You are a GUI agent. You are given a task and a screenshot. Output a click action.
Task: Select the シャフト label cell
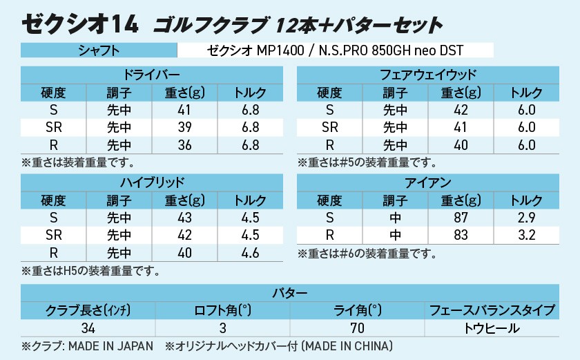[x=99, y=50]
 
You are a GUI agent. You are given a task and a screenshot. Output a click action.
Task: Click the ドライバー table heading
[x=152, y=75]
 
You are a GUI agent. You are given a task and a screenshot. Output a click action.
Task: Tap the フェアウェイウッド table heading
[x=428, y=75]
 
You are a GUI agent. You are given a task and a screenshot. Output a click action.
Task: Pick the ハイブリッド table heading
[x=152, y=183]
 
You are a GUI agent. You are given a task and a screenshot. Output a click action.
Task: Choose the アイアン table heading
[x=428, y=183]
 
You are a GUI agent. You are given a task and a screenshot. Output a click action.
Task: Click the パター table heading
[x=290, y=292]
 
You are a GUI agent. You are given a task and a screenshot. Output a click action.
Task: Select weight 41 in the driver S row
[x=185, y=111]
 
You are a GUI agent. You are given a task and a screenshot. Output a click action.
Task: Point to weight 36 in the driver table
[x=185, y=146]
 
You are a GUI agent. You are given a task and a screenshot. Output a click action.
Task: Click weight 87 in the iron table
[x=461, y=218]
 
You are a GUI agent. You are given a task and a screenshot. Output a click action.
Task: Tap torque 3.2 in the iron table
[x=527, y=236]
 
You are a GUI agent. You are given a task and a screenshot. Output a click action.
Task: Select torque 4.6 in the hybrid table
[x=251, y=253]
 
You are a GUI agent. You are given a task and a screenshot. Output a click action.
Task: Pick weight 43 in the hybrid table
[x=185, y=218]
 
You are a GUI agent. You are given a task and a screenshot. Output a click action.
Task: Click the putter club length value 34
[x=88, y=328]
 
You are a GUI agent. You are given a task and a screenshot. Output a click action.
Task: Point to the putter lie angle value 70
[x=356, y=328]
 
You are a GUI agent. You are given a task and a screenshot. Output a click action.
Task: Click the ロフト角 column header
[x=222, y=310]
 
